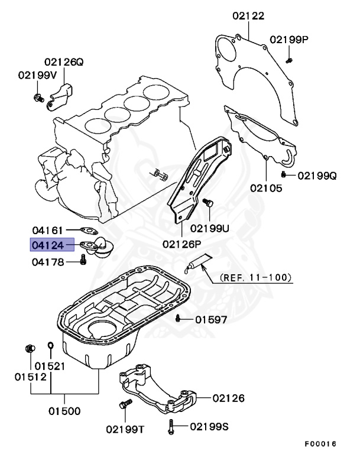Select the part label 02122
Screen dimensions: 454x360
[x=248, y=17]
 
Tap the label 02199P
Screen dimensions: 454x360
[x=290, y=40]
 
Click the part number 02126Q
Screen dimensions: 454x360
[x=63, y=61]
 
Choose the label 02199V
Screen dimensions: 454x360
[x=37, y=75]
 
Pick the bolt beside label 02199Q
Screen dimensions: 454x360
[x=284, y=174]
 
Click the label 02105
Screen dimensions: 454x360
[x=265, y=189]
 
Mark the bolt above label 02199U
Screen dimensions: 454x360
[x=208, y=204]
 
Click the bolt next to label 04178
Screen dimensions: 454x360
[x=84, y=261]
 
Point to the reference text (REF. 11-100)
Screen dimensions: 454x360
[x=256, y=276]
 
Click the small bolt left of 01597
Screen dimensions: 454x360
[x=178, y=319]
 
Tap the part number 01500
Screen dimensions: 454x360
[x=64, y=410]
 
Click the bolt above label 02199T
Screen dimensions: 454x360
[x=124, y=406]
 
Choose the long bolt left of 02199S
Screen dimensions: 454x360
[x=171, y=424]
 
